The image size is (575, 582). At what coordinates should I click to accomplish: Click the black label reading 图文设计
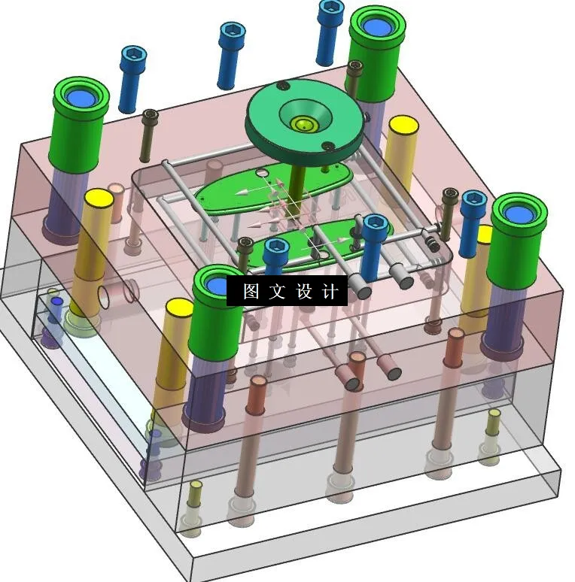(287, 291)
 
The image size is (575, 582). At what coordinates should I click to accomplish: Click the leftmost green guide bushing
(80, 124)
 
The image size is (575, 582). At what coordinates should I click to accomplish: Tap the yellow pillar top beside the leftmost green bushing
(99, 200)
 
